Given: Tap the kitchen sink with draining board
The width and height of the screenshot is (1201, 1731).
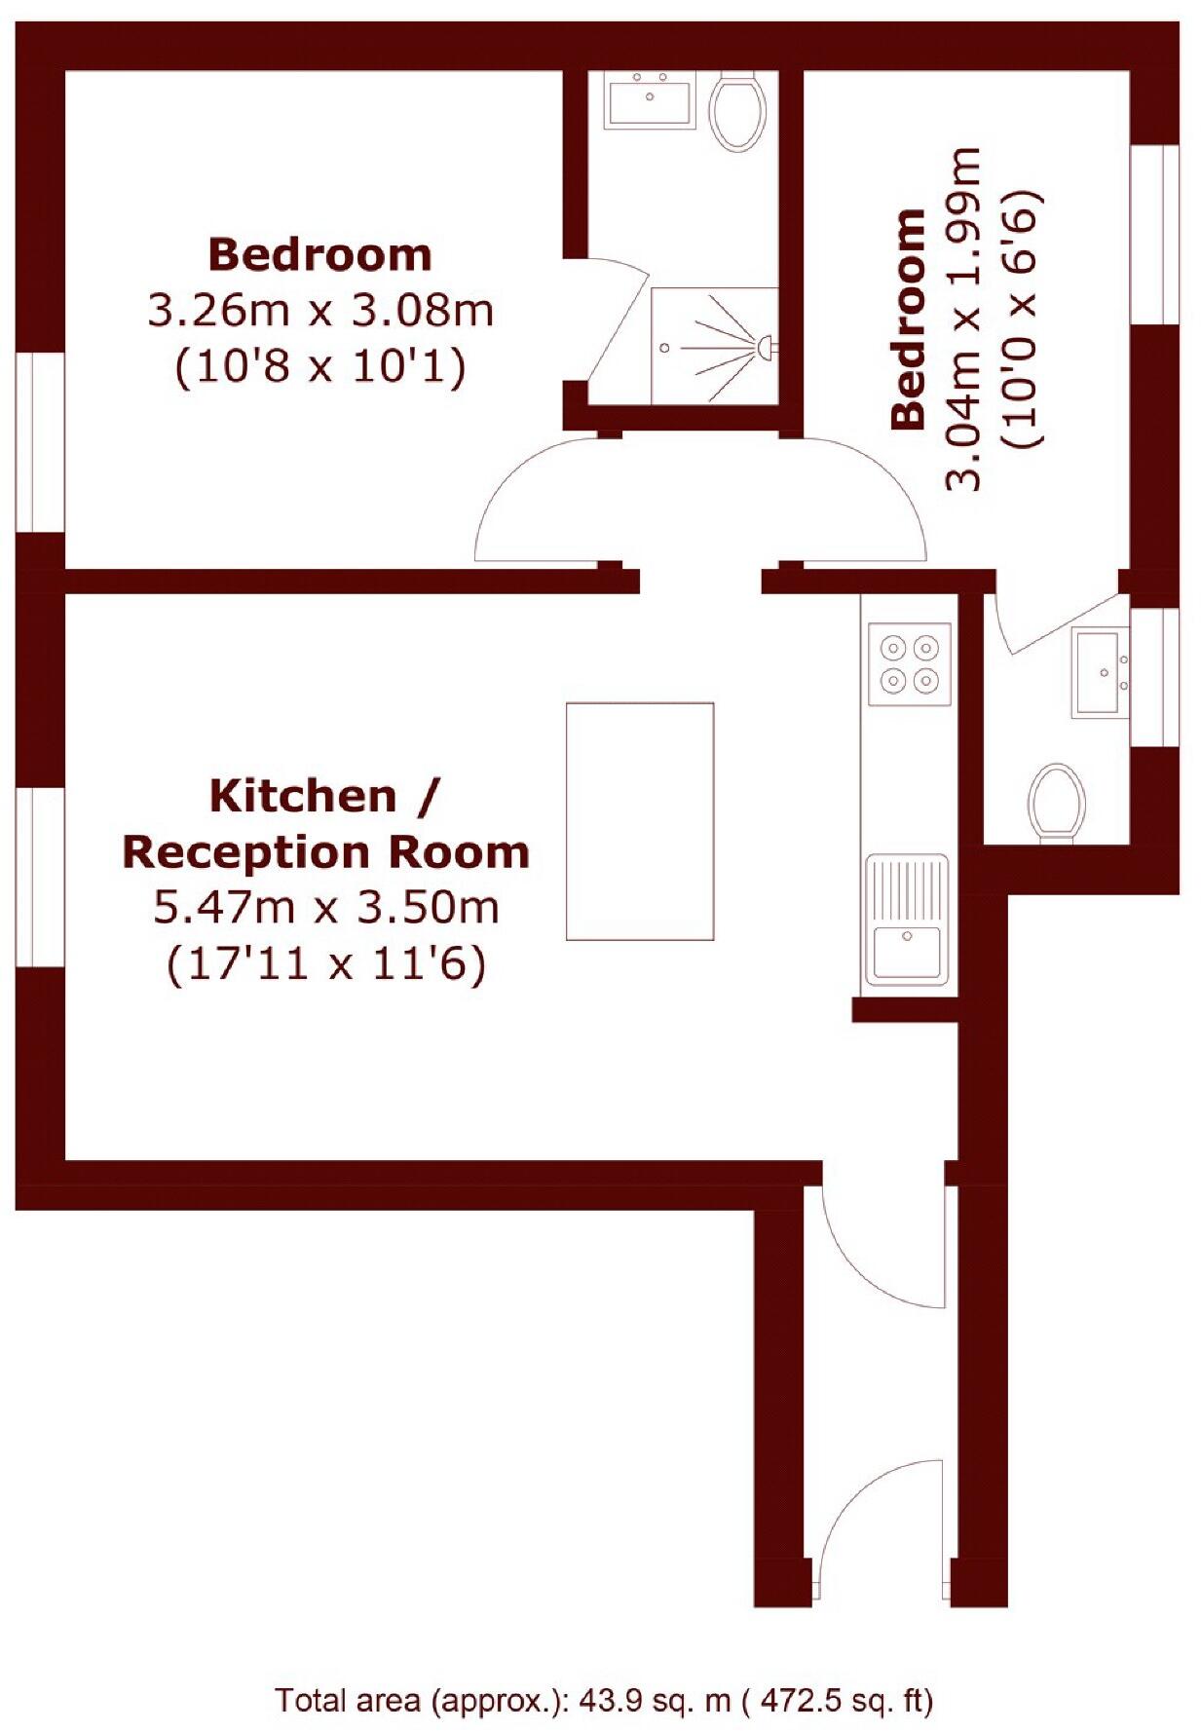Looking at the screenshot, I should pos(907,920).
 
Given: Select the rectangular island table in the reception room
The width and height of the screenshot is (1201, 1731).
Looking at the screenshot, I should pos(640,821).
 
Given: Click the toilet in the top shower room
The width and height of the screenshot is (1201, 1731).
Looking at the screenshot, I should pos(737,111).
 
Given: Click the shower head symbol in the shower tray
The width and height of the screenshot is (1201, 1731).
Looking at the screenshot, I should pos(765,345).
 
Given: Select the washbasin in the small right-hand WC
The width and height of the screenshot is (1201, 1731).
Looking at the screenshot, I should pos(1101,672).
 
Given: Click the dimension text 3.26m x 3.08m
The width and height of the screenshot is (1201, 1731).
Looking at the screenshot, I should pos(320,312).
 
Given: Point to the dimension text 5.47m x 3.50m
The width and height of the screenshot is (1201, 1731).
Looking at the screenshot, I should pos(326,908).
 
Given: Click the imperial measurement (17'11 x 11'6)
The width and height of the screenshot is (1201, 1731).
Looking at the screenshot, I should pos(326,964).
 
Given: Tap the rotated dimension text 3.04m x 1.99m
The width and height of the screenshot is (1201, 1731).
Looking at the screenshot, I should pos(964,319).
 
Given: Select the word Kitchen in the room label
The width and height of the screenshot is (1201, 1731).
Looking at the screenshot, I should pos(303,796).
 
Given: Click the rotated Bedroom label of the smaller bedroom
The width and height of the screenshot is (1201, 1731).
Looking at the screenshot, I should pos(908,319).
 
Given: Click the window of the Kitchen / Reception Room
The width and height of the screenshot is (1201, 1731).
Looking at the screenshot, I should pos(40,877).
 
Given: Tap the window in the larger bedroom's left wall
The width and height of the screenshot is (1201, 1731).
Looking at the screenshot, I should pos(40,441).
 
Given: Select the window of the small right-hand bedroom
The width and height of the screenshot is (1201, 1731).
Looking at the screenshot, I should pos(1155,234).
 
